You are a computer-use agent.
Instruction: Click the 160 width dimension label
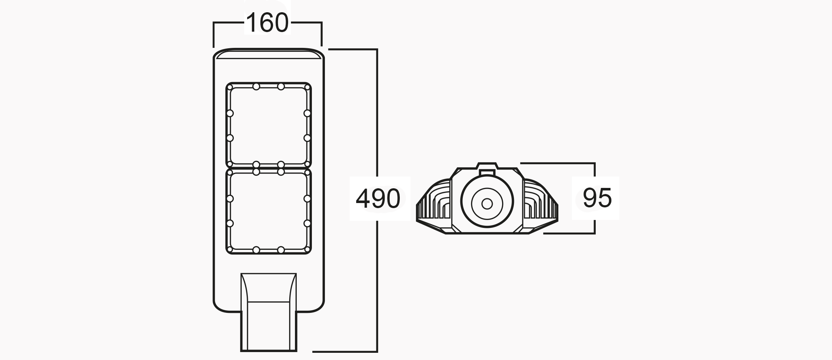pos(267,23)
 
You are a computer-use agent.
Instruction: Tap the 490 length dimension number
pos(378,198)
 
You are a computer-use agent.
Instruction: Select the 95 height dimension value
pos(597,198)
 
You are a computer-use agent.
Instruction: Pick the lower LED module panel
pos(268,211)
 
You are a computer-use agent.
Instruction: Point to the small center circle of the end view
pos(487,204)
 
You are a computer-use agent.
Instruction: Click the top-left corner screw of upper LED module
pos(230,87)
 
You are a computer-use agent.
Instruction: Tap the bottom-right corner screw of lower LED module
pos(307,249)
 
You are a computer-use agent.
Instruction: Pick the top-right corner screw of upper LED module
pos(307,87)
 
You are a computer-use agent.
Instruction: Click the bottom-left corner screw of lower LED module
pos(230,249)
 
